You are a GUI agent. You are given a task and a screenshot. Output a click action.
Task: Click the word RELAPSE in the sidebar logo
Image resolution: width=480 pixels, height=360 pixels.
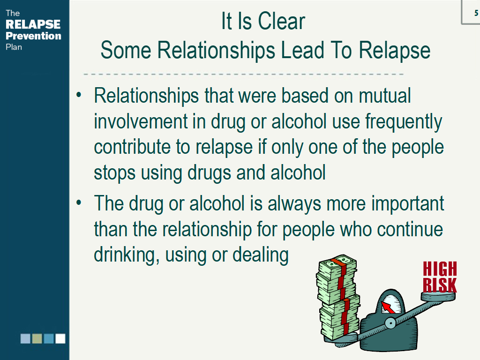tap(33, 24)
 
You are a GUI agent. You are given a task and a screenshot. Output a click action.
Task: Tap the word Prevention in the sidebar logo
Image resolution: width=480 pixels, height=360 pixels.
tap(33, 36)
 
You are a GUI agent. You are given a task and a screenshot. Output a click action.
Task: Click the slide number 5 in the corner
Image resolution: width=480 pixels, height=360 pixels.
tap(476, 13)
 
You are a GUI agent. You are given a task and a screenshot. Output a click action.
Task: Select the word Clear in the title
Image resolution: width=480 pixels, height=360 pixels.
tap(281, 22)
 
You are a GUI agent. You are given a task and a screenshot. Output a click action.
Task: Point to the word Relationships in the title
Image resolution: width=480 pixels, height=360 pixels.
tap(216, 50)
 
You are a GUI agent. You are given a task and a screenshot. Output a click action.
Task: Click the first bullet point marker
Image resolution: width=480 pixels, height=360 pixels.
tap(79, 95)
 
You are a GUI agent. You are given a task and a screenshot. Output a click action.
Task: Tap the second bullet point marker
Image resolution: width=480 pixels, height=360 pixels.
tap(79, 202)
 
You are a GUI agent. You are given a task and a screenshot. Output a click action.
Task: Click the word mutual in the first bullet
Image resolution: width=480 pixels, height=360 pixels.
tap(384, 96)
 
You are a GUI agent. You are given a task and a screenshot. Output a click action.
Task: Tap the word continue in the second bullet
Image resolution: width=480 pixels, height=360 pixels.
tap(410, 230)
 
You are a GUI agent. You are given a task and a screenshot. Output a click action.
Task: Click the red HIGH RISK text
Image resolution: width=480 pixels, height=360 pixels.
tap(440, 277)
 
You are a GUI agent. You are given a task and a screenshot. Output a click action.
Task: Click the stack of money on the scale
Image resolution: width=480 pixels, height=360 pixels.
tap(338, 297)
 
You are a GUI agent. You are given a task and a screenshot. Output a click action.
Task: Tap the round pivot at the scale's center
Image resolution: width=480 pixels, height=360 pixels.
tap(390, 323)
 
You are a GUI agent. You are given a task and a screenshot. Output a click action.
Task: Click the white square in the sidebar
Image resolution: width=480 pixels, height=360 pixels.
tap(60, 338)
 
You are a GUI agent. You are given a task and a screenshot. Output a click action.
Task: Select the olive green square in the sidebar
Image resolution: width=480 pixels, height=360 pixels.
tap(37, 338)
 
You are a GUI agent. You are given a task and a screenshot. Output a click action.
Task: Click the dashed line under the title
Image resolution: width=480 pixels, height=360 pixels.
tap(244, 74)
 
